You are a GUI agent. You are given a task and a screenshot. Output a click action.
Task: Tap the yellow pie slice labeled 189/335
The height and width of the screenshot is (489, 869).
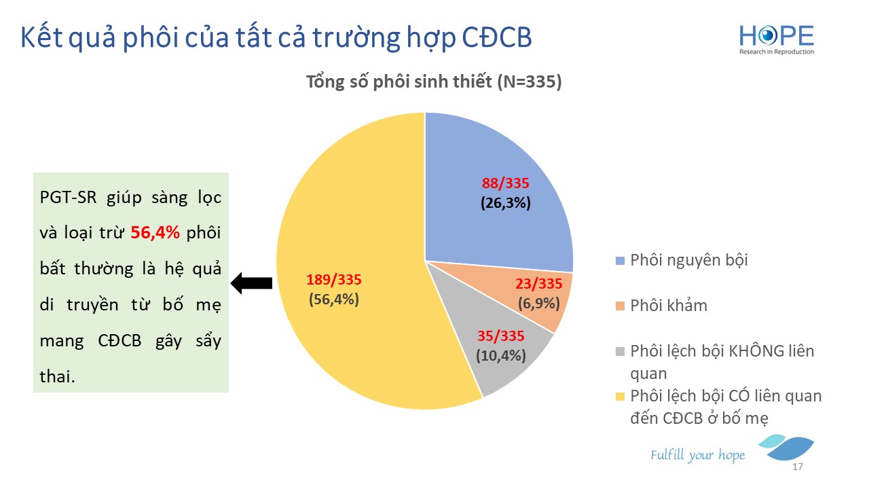coord(349,272)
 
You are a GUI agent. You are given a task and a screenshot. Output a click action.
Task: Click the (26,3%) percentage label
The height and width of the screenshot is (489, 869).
coord(506,203)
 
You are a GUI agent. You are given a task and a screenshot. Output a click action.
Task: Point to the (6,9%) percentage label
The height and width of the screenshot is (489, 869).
coord(539,304)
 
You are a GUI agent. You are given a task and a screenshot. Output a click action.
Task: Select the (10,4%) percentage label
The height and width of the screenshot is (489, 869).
coord(501,355)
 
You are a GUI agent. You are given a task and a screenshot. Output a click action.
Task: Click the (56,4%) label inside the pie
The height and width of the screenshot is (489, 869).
coord(333,300)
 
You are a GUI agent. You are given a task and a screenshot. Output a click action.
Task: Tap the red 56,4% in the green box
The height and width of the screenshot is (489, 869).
coord(155,232)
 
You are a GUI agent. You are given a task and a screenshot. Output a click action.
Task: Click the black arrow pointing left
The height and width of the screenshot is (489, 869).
coord(251,283)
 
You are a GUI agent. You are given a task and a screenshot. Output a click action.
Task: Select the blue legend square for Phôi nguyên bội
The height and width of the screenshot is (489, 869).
coord(621,261)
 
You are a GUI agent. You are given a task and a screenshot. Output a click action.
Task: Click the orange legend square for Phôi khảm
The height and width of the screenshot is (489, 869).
coord(621,306)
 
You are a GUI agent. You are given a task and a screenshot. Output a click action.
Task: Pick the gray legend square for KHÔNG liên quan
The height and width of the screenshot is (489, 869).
coord(621,352)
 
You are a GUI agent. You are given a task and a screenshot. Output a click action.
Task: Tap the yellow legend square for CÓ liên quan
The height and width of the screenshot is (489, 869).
coord(621,397)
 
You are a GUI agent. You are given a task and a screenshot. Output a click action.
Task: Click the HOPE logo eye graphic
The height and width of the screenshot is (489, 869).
coord(766,36)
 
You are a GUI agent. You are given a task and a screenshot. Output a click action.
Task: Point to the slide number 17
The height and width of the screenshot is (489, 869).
coord(798,467)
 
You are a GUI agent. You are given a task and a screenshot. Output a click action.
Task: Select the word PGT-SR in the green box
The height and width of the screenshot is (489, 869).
coord(69,197)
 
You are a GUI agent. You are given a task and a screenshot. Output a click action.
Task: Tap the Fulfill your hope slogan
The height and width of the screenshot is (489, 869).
coord(697,455)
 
